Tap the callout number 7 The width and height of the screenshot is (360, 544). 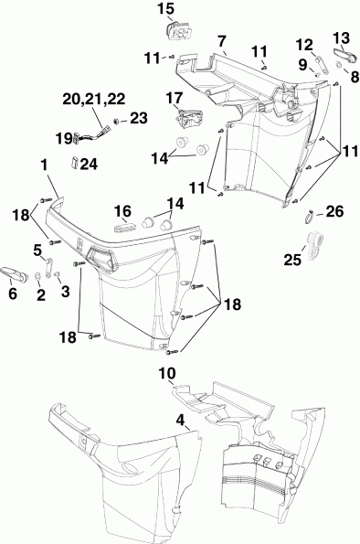(221, 42)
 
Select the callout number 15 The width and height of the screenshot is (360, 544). (165, 9)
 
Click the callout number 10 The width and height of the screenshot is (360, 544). (164, 372)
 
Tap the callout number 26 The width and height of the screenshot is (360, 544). (334, 212)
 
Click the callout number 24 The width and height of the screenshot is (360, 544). (89, 165)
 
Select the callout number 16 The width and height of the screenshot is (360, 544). (123, 211)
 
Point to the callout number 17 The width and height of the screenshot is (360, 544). (173, 98)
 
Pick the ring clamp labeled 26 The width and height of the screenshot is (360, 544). (310, 217)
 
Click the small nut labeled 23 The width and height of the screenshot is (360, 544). (120, 122)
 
